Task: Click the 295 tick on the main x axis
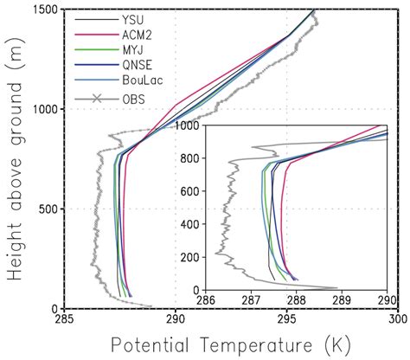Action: click(286, 321)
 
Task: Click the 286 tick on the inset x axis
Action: click(206, 300)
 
